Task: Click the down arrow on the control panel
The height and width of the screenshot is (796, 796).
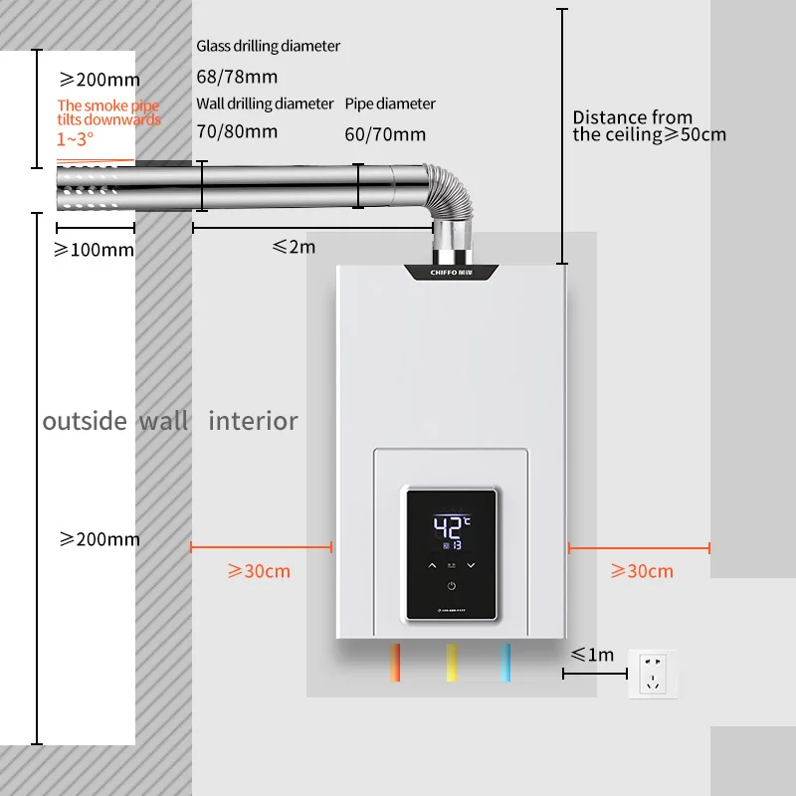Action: coord(471,565)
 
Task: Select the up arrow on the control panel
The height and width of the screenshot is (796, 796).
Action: coord(432,565)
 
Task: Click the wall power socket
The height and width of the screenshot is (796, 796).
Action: coord(653,674)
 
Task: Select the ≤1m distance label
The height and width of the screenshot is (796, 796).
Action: coord(593,655)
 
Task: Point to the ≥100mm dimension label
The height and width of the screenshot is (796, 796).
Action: coord(94,250)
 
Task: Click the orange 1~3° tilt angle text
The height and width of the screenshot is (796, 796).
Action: coord(75,139)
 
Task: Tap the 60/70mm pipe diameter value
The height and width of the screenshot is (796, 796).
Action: coord(385,134)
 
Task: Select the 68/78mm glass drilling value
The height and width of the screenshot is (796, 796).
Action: coord(237,77)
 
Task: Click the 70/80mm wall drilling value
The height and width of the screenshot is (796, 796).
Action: coord(237,130)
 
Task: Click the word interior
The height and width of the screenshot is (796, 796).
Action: coord(253,421)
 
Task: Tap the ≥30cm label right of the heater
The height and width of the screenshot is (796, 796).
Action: coord(642,571)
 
